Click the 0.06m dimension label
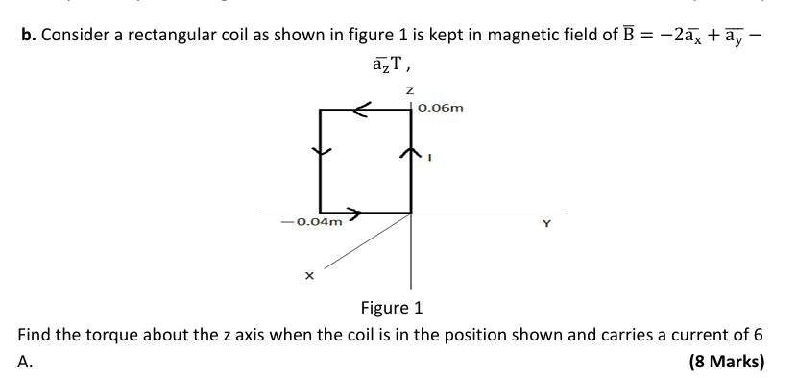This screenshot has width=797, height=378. pyautogui.click(x=441, y=108)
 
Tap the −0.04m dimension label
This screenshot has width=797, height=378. pyautogui.click(x=311, y=222)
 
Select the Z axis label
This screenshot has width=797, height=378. pyautogui.click(x=410, y=88)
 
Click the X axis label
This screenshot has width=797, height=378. pyautogui.click(x=309, y=277)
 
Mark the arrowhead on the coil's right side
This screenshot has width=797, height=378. pyautogui.click(x=411, y=151)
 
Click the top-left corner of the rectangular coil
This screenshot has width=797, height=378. pyautogui.click(x=321, y=110)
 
